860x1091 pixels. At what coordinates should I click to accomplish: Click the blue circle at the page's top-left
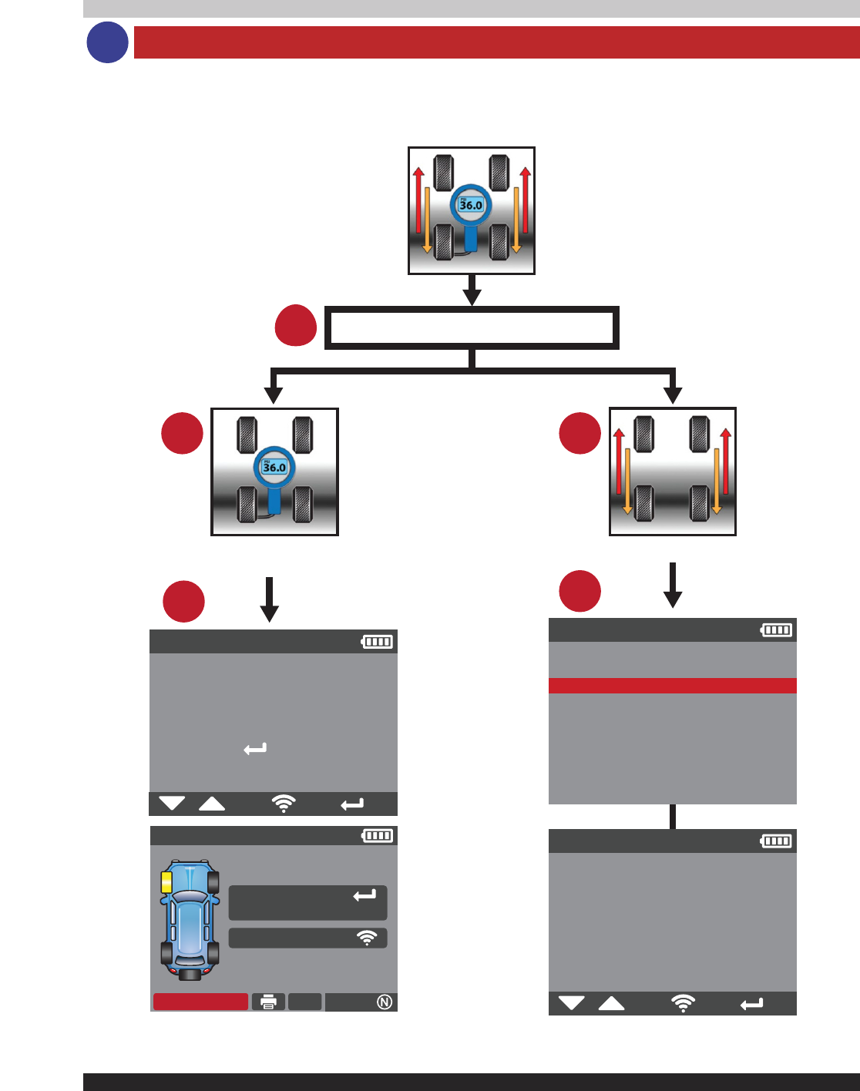pyautogui.click(x=107, y=42)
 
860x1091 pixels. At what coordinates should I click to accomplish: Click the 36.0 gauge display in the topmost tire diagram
pyautogui.click(x=471, y=205)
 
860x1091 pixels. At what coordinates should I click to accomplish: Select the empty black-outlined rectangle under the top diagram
pyautogui.click(x=472, y=328)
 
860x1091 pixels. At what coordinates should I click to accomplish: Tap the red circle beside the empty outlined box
pyautogui.click(x=296, y=326)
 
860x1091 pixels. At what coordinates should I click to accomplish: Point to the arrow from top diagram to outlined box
pyautogui.click(x=472, y=290)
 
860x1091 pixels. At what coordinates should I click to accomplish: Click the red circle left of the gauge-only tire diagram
pyautogui.click(x=182, y=433)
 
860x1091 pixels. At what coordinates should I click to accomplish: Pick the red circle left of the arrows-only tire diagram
pyautogui.click(x=579, y=433)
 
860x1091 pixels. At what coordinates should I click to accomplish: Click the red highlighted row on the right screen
pyautogui.click(x=672, y=686)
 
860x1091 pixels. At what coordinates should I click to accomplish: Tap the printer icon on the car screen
pyautogui.click(x=268, y=1002)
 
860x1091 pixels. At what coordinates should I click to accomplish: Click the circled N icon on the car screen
pyautogui.click(x=385, y=1002)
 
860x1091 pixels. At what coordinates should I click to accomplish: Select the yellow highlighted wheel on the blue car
pyautogui.click(x=166, y=882)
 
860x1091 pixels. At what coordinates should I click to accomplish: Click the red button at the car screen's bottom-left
pyautogui.click(x=200, y=1002)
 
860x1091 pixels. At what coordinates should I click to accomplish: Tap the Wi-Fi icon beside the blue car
pyautogui.click(x=367, y=938)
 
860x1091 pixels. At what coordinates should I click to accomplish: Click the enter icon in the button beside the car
pyautogui.click(x=364, y=895)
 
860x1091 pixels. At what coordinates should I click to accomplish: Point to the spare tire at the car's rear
pyautogui.click(x=190, y=974)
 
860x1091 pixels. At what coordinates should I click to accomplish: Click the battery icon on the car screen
pyautogui.click(x=378, y=835)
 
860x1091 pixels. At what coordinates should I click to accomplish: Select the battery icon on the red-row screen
pyautogui.click(x=776, y=630)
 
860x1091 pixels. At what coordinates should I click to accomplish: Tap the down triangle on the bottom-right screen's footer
pyautogui.click(x=571, y=1003)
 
